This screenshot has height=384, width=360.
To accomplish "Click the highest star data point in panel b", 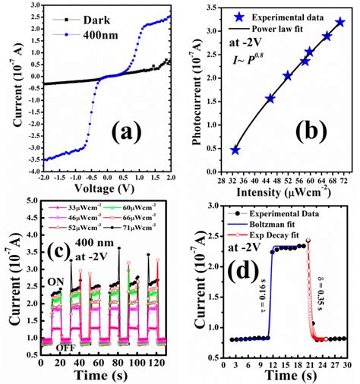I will pos(339,23).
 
